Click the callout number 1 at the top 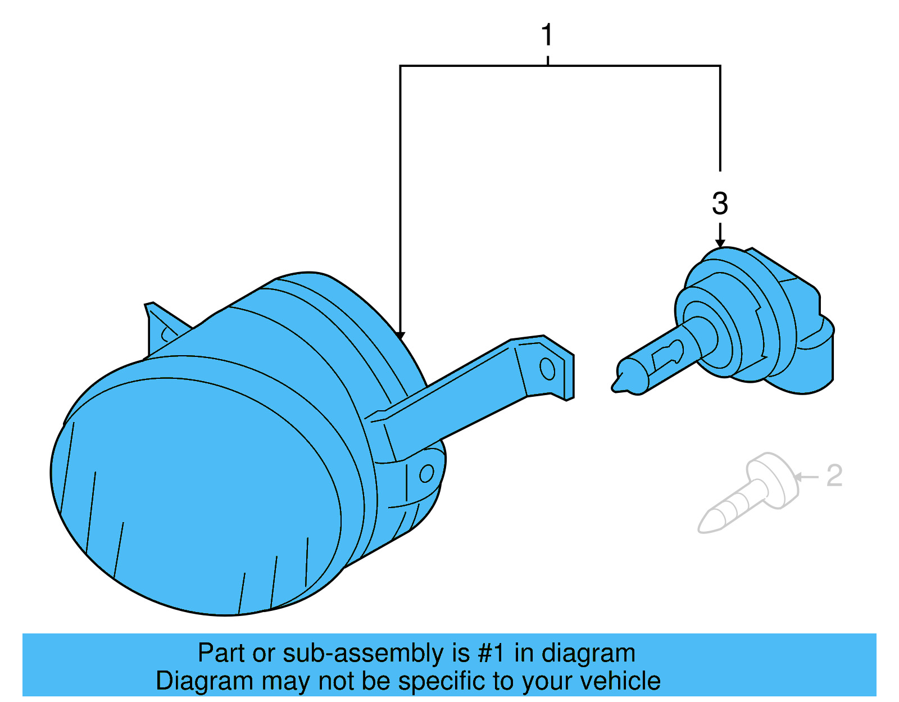[x=547, y=35]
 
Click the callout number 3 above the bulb [x=720, y=203]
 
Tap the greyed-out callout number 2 [x=834, y=476]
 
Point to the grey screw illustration [x=747, y=495]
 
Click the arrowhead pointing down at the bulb [x=720, y=243]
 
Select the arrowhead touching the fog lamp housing [x=400, y=335]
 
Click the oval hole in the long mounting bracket [x=547, y=369]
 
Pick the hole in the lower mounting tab [x=426, y=473]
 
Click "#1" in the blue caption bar [x=491, y=653]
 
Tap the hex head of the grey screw [x=773, y=478]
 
